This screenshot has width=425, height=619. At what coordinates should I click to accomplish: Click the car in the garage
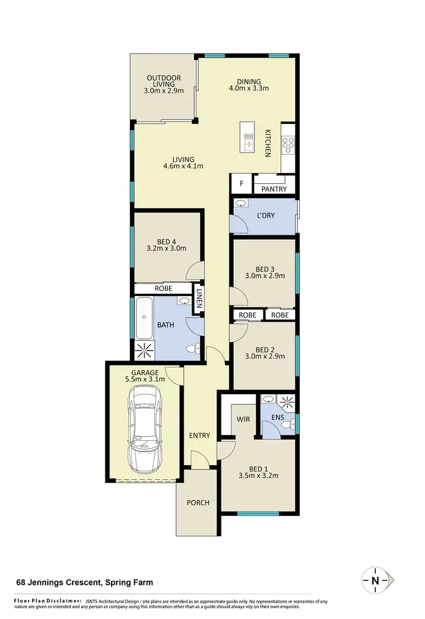(x=145, y=429)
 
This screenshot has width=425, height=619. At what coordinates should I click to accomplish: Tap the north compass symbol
(x=375, y=580)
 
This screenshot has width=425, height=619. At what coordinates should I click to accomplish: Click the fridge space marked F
(x=241, y=183)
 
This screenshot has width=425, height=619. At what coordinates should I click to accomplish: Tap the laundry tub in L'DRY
(x=240, y=204)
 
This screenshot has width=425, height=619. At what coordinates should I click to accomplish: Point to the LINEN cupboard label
(x=198, y=298)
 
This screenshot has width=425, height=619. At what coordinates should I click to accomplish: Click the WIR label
(x=244, y=419)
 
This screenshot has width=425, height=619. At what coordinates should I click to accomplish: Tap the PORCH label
(x=198, y=502)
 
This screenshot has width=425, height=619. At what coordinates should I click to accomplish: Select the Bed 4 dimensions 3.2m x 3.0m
(x=167, y=248)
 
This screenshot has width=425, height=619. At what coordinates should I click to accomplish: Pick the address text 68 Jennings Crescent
(x=83, y=582)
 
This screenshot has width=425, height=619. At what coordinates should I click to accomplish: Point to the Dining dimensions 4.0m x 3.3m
(x=248, y=88)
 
